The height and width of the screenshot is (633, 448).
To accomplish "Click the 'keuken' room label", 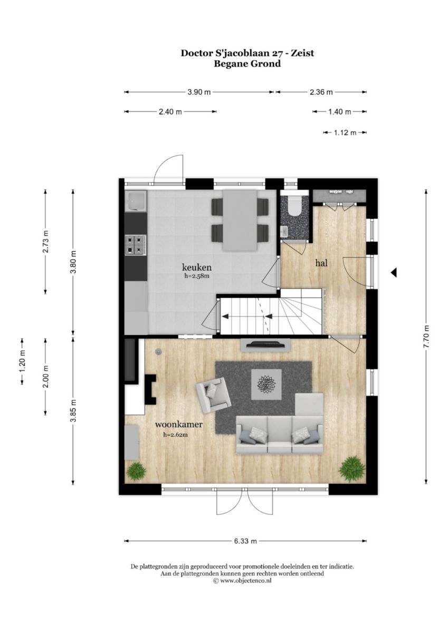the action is [197, 267].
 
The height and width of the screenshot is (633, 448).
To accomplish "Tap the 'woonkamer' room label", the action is [179, 424].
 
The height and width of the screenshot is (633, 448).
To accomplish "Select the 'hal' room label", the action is [321, 263].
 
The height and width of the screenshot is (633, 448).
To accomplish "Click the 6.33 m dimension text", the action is [245, 541].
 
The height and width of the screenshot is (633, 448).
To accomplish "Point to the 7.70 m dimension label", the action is [426, 338].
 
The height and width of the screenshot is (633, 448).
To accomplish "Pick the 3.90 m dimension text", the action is [199, 92].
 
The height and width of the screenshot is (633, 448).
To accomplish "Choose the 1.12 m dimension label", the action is [345, 132].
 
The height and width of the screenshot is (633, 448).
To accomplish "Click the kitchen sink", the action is [136, 200].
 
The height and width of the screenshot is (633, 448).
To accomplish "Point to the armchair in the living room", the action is [213, 395].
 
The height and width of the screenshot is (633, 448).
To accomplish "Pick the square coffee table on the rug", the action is [266, 385].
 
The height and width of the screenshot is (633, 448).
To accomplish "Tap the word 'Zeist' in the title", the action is [303, 53].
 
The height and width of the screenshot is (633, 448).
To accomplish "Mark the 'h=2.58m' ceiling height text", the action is [197, 276].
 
